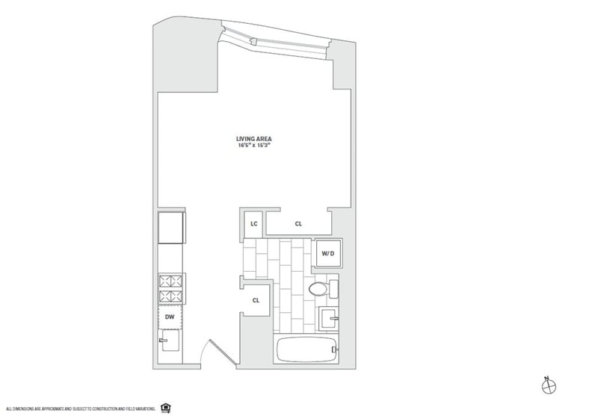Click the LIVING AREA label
click(253, 138)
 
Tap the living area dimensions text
click(253, 146)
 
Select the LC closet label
click(253, 223)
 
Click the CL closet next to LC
click(298, 223)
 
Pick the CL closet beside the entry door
click(255, 301)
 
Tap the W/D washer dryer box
click(327, 254)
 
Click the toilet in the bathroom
click(318, 289)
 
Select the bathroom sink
click(328, 319)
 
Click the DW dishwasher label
click(170, 317)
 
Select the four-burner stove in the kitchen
click(170, 289)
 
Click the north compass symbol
click(549, 385)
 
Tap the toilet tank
click(333, 288)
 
